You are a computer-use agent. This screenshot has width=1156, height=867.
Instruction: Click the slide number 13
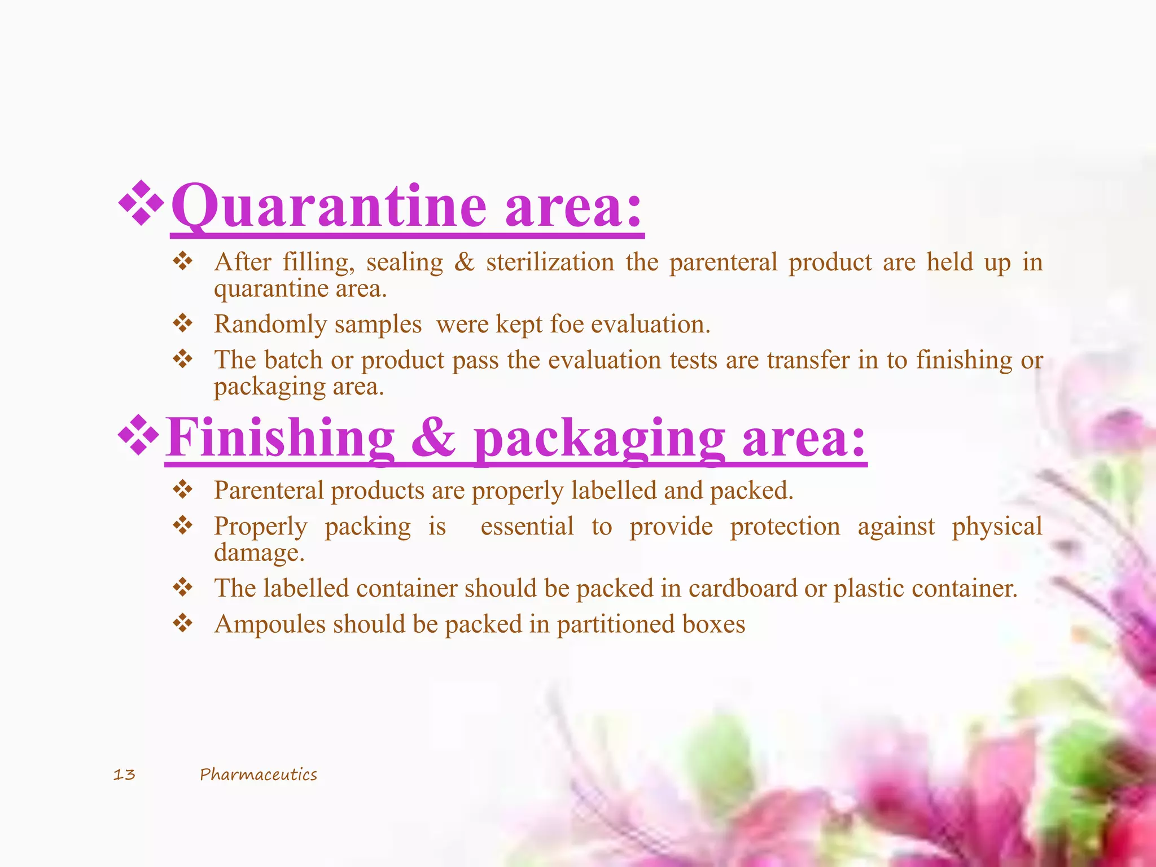tap(124, 774)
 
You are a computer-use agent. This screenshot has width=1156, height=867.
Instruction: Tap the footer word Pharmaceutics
tap(259, 774)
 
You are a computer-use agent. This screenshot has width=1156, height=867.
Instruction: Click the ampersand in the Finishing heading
tap(433, 439)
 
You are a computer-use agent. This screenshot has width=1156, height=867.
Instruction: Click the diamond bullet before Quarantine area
tap(141, 203)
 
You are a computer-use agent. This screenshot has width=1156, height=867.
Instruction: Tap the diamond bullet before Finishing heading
tap(138, 435)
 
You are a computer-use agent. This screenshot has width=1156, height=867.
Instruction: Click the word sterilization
tap(550, 262)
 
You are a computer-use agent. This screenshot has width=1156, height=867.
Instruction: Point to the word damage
tap(259, 553)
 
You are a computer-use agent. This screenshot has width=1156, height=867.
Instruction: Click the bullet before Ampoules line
tap(183, 624)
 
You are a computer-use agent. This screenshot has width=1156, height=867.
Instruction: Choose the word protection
tap(785, 527)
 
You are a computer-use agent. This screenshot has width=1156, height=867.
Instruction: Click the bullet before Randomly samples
tap(183, 323)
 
